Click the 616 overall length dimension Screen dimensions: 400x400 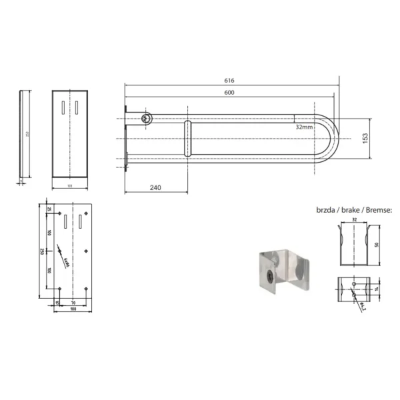pos(229,81)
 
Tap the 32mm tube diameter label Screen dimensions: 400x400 pos(303,126)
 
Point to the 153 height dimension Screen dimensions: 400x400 pos(365,137)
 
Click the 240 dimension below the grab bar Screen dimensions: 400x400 pos(155,188)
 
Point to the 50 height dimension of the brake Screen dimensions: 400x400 pos(377,245)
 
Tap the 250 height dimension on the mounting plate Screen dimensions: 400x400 pos(41,251)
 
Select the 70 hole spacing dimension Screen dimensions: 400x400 pos(72,303)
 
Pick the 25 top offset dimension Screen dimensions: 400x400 pos(50,209)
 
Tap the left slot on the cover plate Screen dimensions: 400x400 pos(62,106)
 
